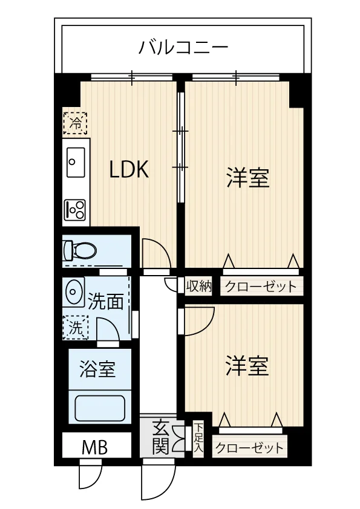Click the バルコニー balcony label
coord(183,47)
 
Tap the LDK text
coord(129,169)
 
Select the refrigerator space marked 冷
coord(76,123)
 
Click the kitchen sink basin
coord(76,162)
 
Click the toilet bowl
coord(80,250)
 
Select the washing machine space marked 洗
coord(76,327)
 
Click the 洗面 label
coord(106,302)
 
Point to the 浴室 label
coord(97,369)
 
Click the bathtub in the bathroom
coord(100,408)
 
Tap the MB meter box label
coord(94,448)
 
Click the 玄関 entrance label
coord(161,436)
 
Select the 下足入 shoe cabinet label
coord(198,439)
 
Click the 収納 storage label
coord(199,286)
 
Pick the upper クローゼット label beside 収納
coord(261,287)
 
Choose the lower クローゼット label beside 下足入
coord(249,448)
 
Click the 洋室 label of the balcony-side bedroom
coord(248,177)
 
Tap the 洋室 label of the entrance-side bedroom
coord(247,366)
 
